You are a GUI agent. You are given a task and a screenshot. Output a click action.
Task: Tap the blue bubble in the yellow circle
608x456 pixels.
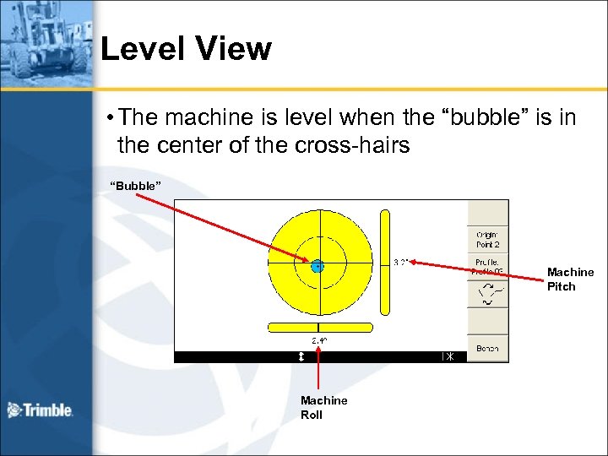click(x=318, y=266)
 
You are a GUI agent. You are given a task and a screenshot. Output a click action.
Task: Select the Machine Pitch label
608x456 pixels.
click(x=570, y=279)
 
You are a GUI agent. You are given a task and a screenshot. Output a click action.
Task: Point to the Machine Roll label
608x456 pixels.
click(x=323, y=407)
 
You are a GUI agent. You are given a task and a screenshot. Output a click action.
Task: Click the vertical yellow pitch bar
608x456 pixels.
click(x=385, y=262)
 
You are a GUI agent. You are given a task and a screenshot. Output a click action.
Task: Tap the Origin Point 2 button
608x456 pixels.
click(x=487, y=239)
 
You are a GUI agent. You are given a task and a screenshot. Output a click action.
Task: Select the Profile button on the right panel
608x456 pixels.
click(x=487, y=267)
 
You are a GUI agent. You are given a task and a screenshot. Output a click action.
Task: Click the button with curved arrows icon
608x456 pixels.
click(x=487, y=294)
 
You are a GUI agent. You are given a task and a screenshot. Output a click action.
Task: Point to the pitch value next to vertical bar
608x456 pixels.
click(x=401, y=262)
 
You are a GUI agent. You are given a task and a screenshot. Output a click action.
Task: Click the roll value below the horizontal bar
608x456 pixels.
click(x=319, y=340)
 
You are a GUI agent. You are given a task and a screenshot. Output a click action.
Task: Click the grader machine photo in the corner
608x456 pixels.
click(x=46, y=42)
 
